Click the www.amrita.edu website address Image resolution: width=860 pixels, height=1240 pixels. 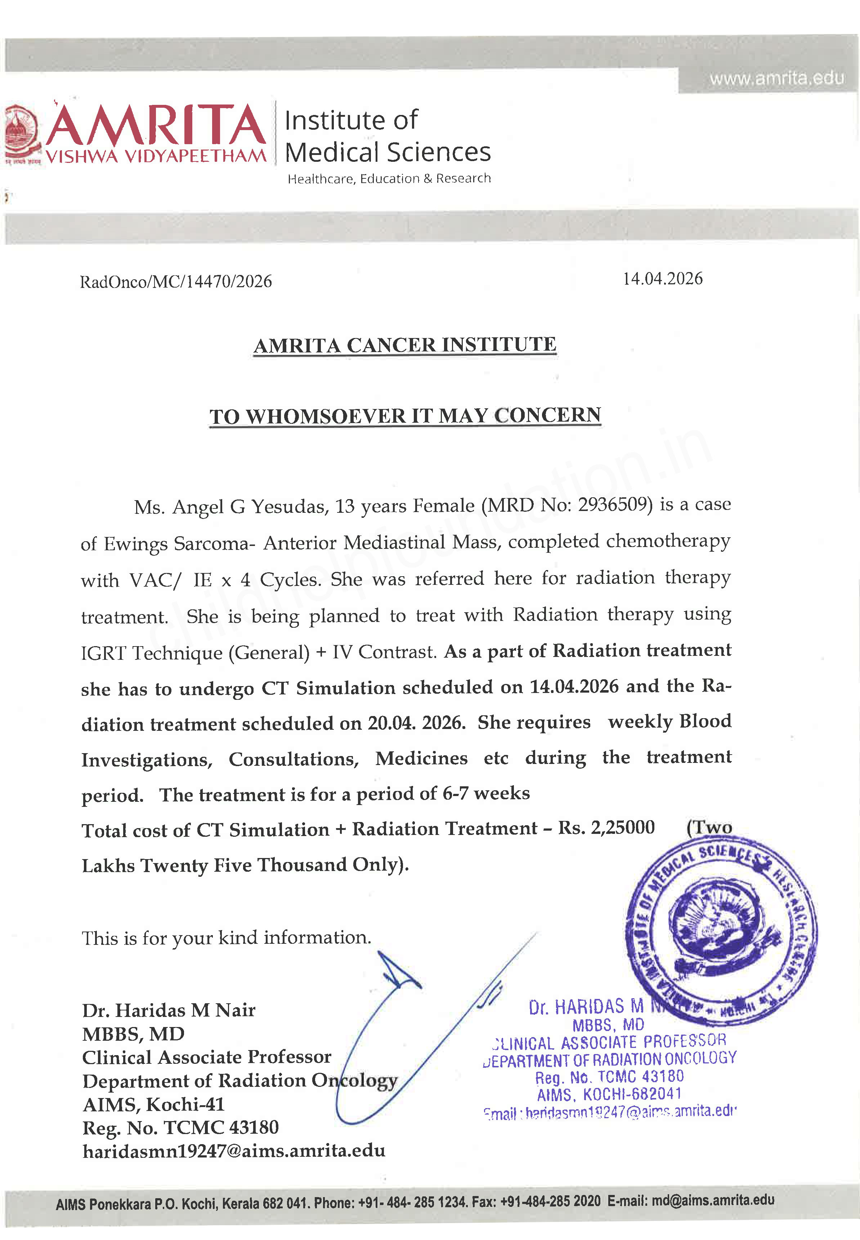pyautogui.click(x=776, y=79)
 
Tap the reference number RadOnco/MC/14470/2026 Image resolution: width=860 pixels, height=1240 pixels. pyautogui.click(x=176, y=281)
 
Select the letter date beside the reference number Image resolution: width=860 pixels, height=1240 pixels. pyautogui.click(x=662, y=279)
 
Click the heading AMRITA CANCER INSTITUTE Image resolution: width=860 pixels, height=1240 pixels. pyautogui.click(x=405, y=345)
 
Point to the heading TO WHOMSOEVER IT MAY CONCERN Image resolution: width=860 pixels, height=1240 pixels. pyautogui.click(x=405, y=415)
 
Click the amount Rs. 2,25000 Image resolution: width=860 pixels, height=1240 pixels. pyautogui.click(x=606, y=827)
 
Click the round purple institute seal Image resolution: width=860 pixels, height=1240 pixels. pyautogui.click(x=721, y=928)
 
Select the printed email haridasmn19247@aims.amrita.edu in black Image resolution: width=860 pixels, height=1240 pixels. pyautogui.click(x=233, y=1151)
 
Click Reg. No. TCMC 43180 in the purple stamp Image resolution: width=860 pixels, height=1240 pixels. pyautogui.click(x=609, y=1077)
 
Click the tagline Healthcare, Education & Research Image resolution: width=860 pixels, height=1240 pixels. pyautogui.click(x=389, y=178)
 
